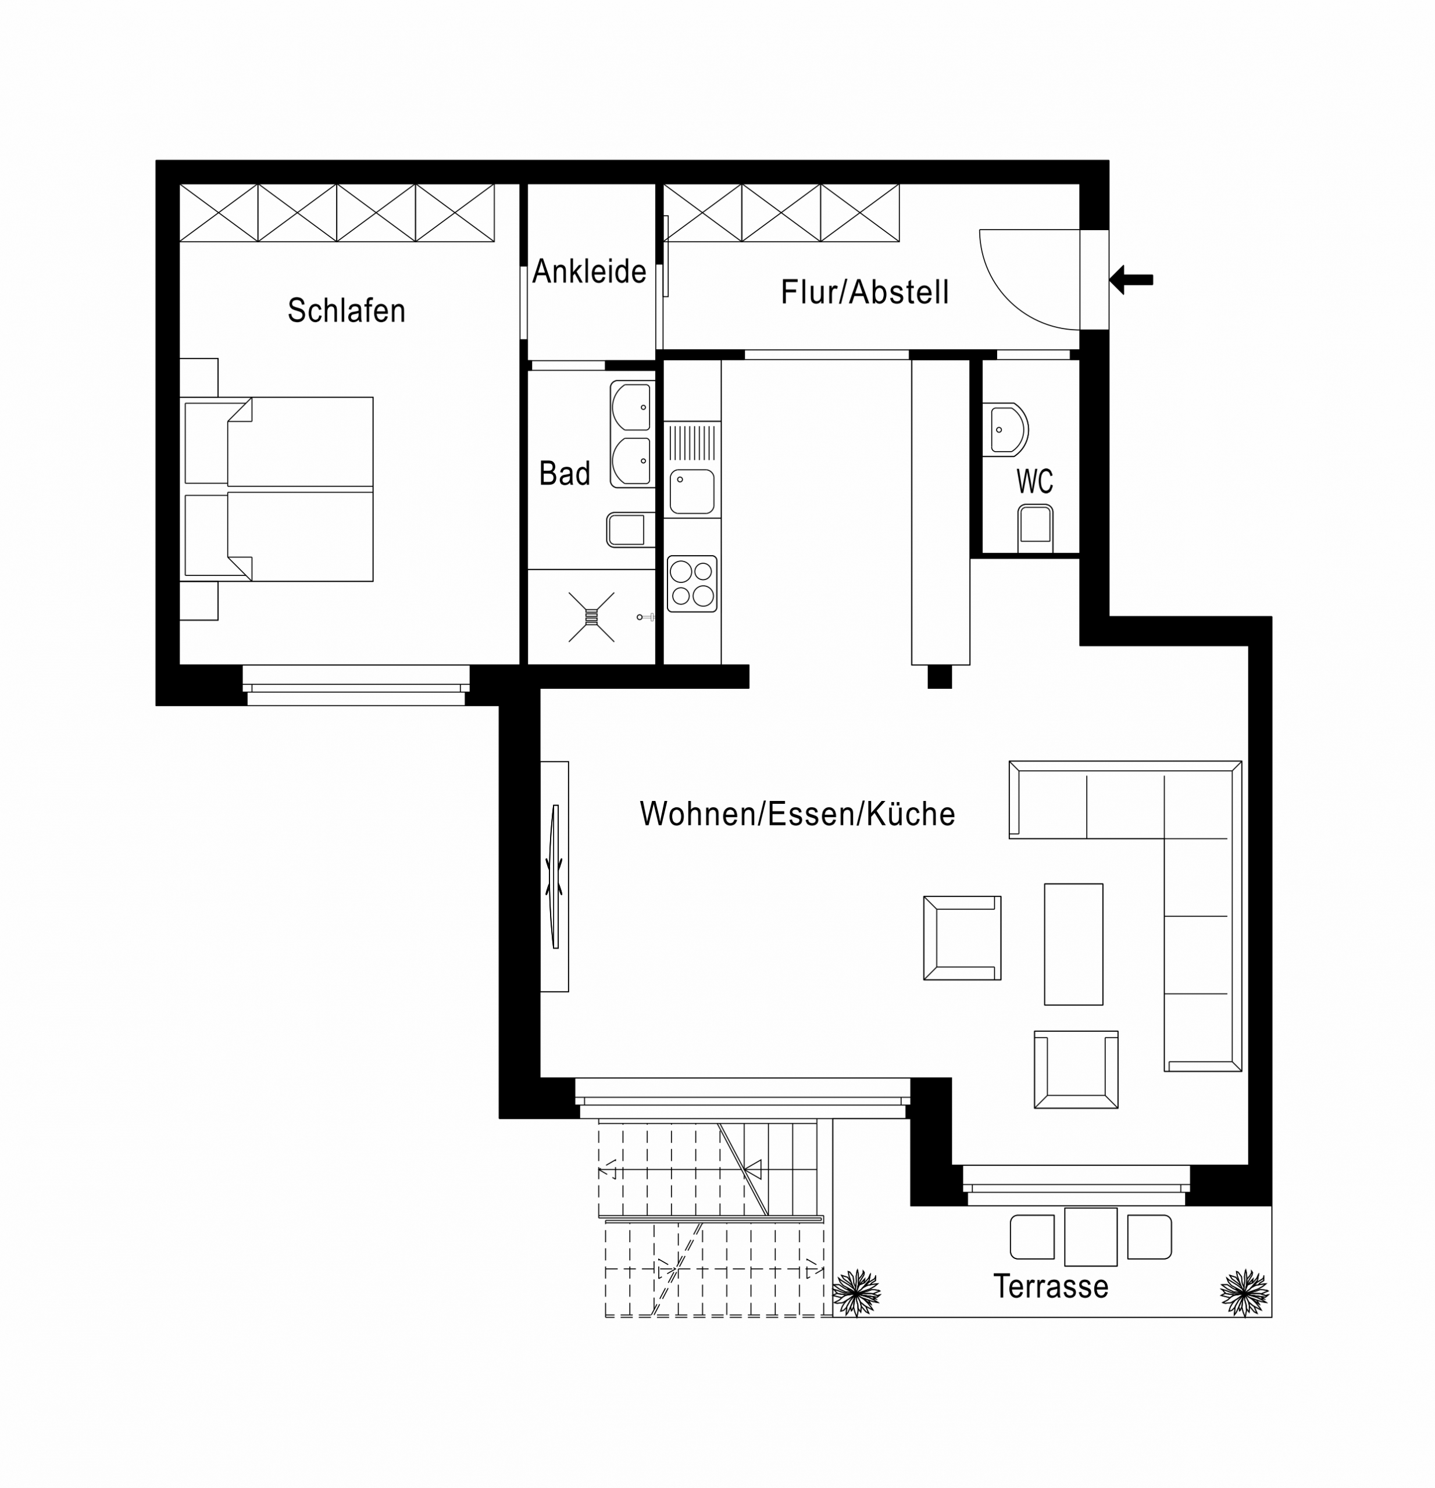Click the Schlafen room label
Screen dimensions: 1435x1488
346,310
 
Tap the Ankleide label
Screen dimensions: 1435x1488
589,271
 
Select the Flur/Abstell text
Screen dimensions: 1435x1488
865,292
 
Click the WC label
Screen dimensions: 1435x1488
1034,481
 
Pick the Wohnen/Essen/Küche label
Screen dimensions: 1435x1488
797,814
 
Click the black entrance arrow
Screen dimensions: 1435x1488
1131,280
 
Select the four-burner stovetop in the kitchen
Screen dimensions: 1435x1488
692,583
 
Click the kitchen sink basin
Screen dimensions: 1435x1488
692,491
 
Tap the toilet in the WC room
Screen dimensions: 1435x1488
1035,528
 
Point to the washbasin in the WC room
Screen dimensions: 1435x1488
1005,430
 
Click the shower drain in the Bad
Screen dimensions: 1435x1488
591,617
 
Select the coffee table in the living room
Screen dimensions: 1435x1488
1073,944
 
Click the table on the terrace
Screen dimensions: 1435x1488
1090,1237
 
